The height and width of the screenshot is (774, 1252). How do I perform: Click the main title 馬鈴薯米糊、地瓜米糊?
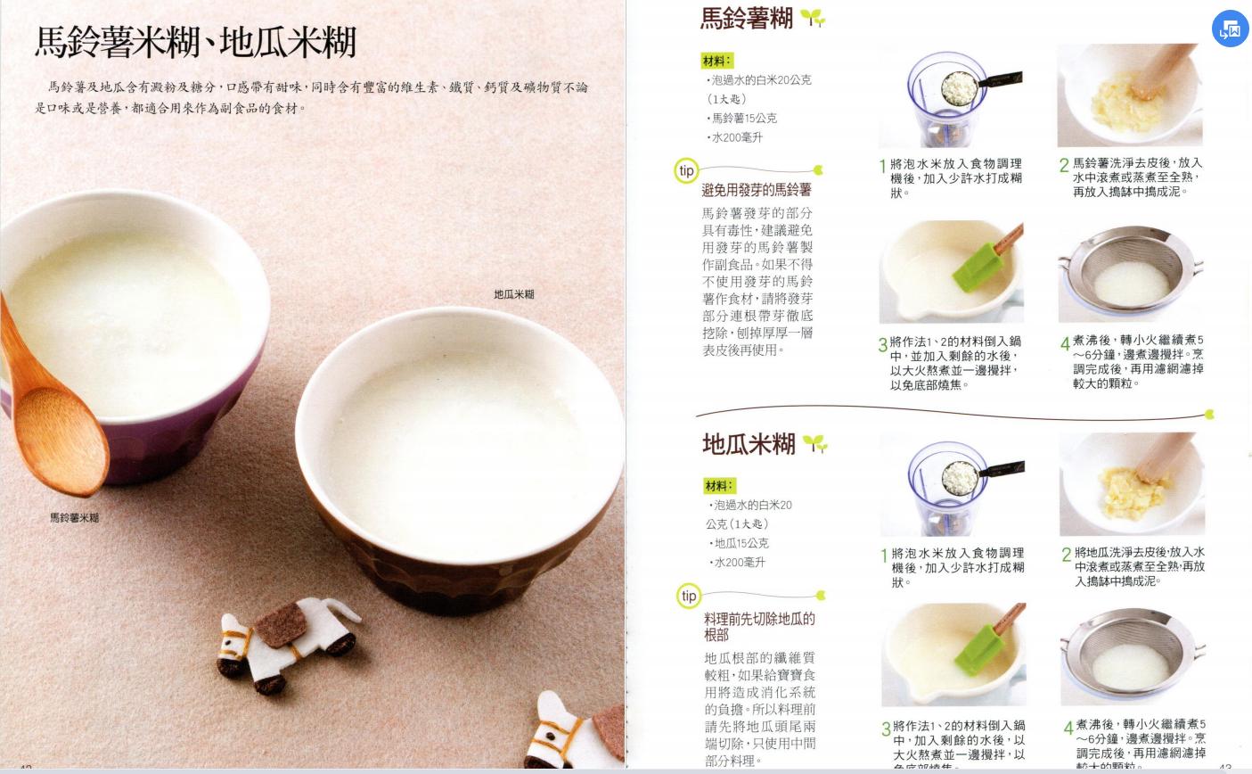[195, 42]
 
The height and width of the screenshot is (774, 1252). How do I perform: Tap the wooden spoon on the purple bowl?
[53, 401]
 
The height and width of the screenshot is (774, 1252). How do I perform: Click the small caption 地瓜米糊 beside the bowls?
[514, 294]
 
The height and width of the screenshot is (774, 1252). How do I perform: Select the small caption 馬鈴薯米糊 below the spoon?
[74, 518]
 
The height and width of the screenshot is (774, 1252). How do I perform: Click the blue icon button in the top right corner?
[1230, 29]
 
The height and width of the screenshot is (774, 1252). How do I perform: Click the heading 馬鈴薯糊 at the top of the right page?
[746, 19]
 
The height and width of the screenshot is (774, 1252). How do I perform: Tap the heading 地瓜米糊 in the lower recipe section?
[748, 444]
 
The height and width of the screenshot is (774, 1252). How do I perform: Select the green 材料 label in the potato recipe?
[716, 61]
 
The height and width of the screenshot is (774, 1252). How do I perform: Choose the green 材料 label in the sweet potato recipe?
[718, 486]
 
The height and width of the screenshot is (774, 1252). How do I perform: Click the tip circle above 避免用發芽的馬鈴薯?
[686, 170]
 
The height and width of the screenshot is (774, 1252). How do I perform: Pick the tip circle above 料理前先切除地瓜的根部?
[688, 596]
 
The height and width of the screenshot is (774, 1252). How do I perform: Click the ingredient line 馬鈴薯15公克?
[743, 118]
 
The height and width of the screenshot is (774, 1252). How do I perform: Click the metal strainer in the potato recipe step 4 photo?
[1130, 276]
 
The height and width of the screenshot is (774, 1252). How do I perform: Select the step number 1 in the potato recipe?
[882, 166]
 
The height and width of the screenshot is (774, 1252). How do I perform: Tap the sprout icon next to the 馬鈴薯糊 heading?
[812, 18]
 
